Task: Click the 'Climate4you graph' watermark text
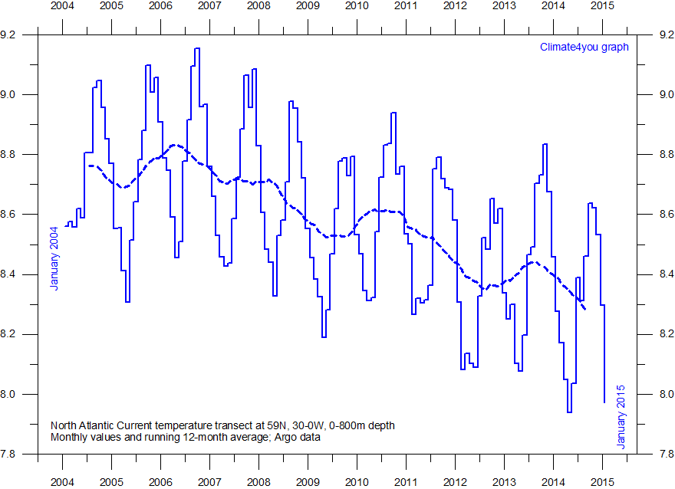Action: click(584, 47)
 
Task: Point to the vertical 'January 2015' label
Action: click(621, 417)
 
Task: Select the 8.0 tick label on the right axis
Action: click(658, 394)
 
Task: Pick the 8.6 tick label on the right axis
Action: click(658, 214)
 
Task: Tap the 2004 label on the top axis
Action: click(62, 6)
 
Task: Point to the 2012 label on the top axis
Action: click(455, 6)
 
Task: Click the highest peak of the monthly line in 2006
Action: click(197, 48)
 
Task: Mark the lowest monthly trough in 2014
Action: click(569, 412)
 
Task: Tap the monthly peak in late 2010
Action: click(393, 113)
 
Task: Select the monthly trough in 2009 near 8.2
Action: click(324, 336)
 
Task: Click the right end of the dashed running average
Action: click(586, 308)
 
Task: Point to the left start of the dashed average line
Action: click(89, 166)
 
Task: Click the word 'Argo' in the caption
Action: click(284, 438)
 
